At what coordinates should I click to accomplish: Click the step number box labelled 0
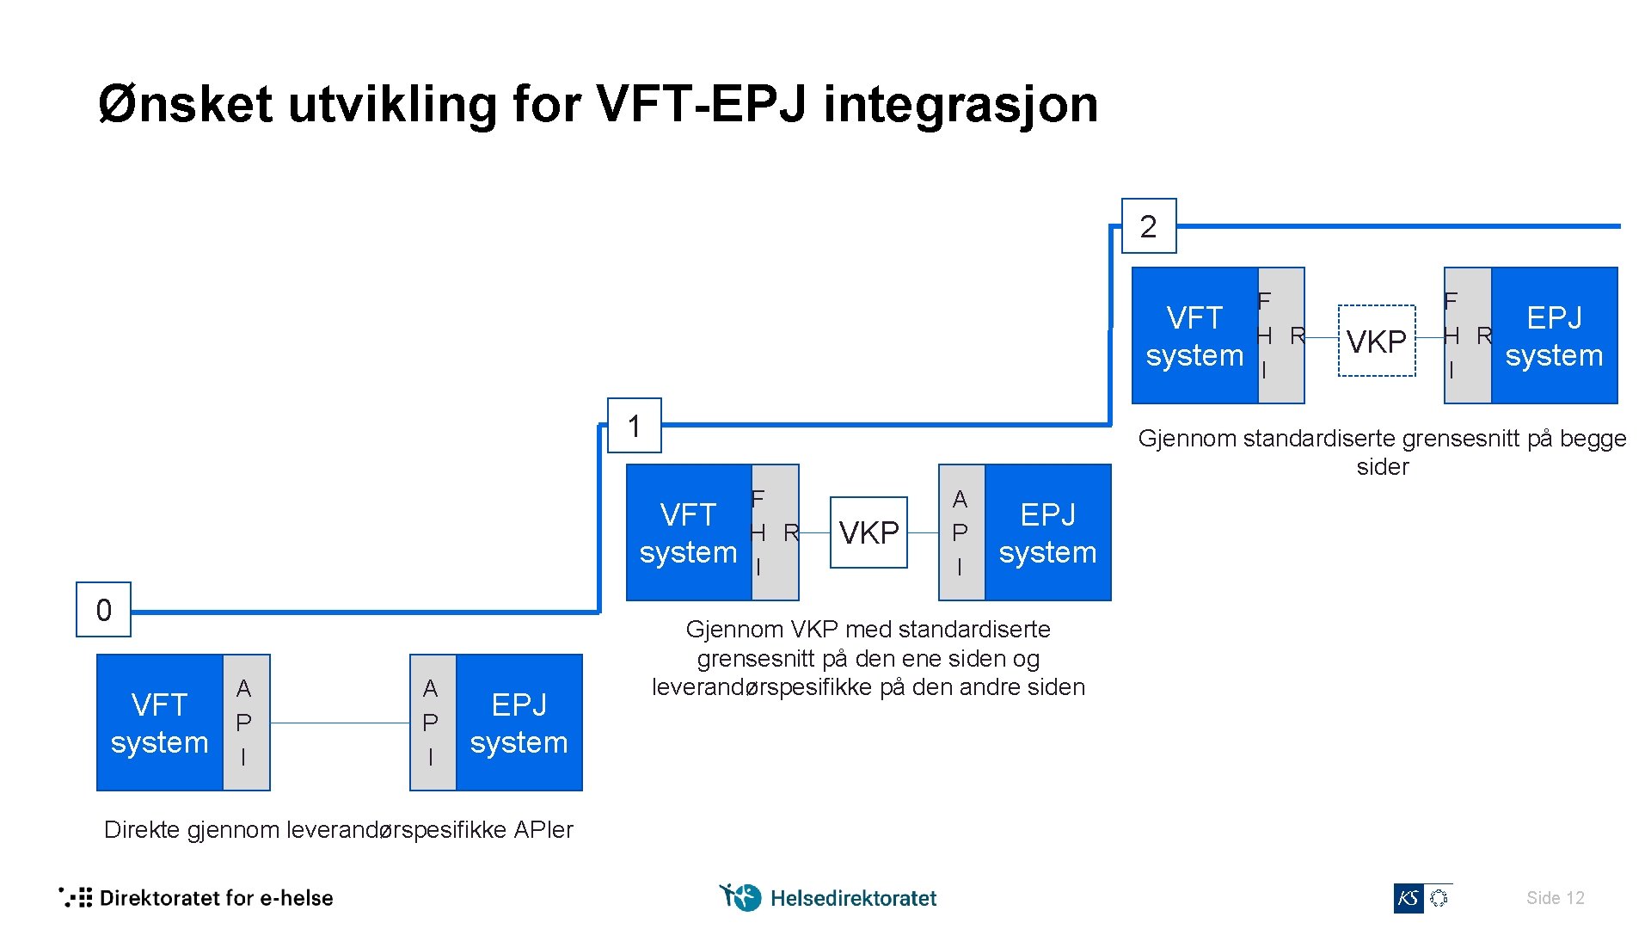(103, 610)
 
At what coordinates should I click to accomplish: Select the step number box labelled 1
(635, 426)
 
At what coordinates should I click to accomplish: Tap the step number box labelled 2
(1149, 226)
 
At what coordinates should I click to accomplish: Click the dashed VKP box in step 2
(1377, 341)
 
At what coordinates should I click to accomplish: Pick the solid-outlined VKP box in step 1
(868, 532)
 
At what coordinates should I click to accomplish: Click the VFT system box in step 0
(160, 723)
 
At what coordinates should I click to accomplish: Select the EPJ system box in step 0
(519, 723)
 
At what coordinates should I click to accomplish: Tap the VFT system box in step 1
(689, 532)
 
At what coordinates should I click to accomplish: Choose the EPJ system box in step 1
(1047, 532)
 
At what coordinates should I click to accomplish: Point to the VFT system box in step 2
(1194, 335)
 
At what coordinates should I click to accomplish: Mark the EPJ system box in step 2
(1554, 335)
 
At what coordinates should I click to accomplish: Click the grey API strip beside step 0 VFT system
(246, 723)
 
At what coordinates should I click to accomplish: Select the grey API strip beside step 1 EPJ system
(961, 532)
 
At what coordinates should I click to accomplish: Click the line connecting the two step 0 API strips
(340, 723)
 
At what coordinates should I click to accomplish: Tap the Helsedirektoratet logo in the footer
(828, 898)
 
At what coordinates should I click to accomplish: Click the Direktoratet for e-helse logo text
(216, 898)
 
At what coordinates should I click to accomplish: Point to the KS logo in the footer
(1409, 898)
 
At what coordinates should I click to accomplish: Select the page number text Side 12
(1555, 898)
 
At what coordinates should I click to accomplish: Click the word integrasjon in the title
(961, 104)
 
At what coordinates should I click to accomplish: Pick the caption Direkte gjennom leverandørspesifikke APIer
(338, 829)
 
